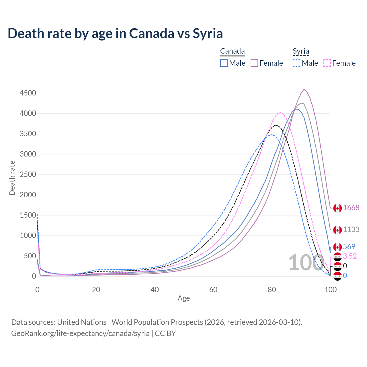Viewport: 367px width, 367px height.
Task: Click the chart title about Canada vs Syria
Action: [115, 34]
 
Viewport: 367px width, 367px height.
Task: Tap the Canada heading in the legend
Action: [232, 51]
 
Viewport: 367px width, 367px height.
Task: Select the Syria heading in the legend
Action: [301, 51]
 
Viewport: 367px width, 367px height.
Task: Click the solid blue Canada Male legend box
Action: [224, 63]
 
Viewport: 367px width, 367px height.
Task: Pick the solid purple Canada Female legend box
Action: [255, 63]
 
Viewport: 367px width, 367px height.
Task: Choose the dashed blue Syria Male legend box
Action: [296, 63]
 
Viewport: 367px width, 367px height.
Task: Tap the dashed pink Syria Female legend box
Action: [327, 63]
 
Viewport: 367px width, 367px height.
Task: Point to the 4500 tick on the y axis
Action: [28, 93]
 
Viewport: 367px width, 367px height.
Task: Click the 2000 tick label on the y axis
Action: [28, 195]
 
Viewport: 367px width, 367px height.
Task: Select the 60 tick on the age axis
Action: [213, 290]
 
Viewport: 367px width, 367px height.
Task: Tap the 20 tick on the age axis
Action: [96, 290]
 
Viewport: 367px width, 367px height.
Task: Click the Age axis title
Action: [183, 298]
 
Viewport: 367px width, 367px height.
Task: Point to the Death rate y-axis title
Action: [12, 178]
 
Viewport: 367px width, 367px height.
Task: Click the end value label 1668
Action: [351, 208]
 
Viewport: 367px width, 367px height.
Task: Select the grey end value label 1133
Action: [351, 229]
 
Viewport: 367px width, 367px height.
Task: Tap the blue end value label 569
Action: [349, 247]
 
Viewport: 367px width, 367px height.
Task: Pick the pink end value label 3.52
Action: [350, 256]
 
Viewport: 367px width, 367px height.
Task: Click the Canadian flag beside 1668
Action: [337, 208]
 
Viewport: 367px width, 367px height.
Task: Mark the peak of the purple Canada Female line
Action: [304, 89]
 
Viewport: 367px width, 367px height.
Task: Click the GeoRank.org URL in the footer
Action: [80, 333]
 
